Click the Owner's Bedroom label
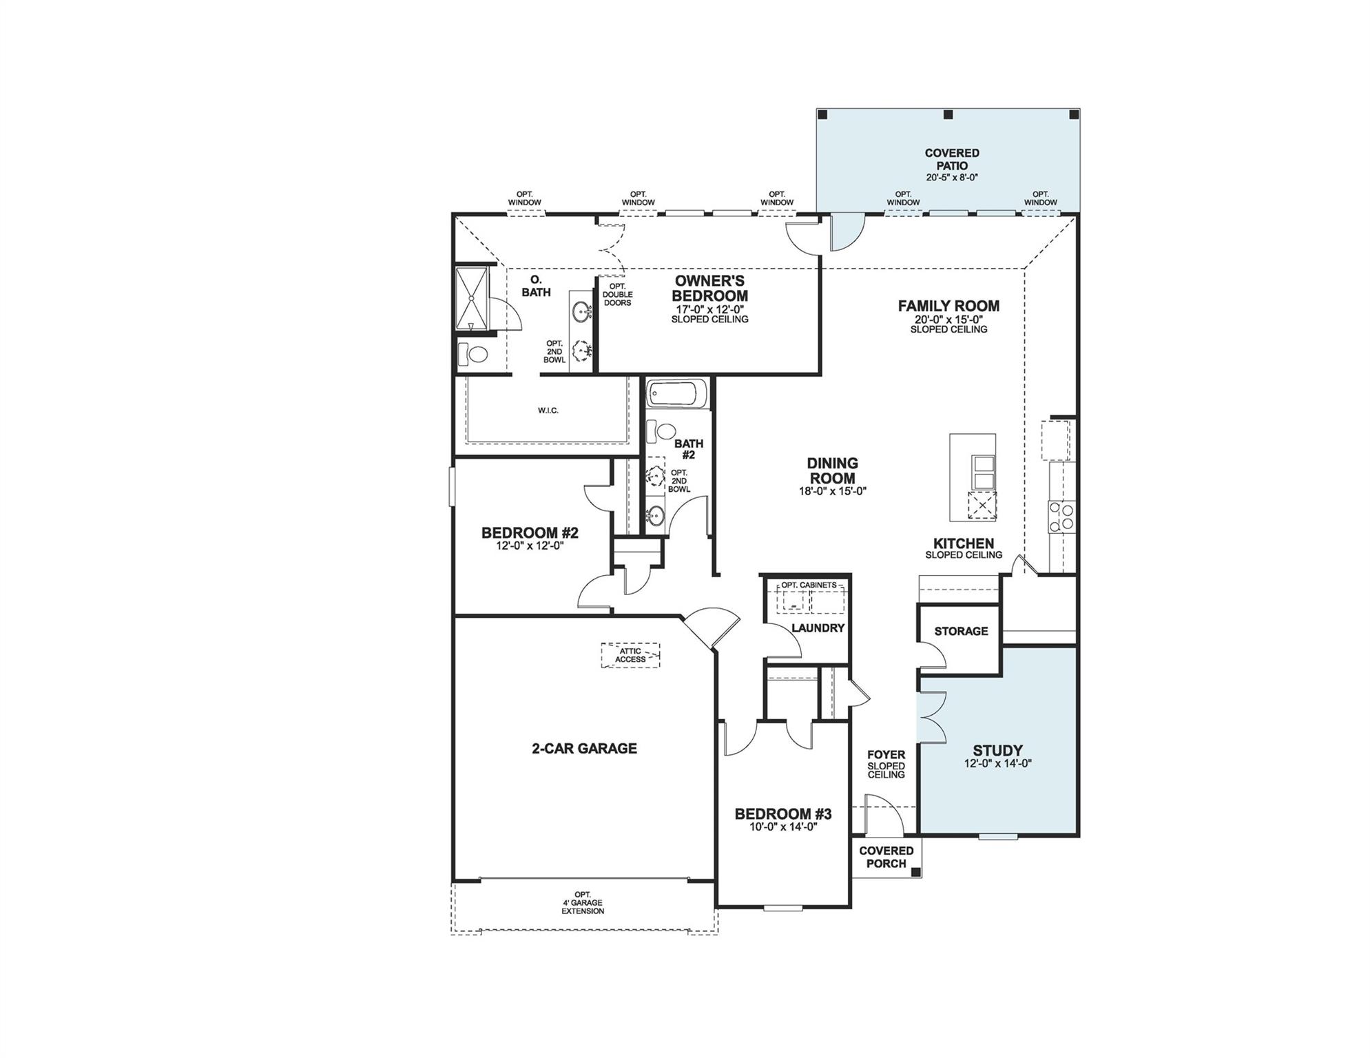pos(709,288)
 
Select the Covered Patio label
pos(951,159)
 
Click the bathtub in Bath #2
pos(676,394)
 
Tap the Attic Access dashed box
pos(630,655)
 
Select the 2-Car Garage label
pos(584,749)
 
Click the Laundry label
pos(818,628)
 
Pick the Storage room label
pos(961,631)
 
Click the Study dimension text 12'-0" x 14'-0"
pos(997,763)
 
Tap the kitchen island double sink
pos(982,471)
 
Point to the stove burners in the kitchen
pos(1061,517)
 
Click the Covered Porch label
pos(886,857)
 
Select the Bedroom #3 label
pos(782,814)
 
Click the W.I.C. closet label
pos(548,411)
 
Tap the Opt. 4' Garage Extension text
pos(582,902)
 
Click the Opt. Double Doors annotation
pos(617,295)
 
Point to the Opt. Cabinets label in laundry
pos(809,585)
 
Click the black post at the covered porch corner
pos(915,872)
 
